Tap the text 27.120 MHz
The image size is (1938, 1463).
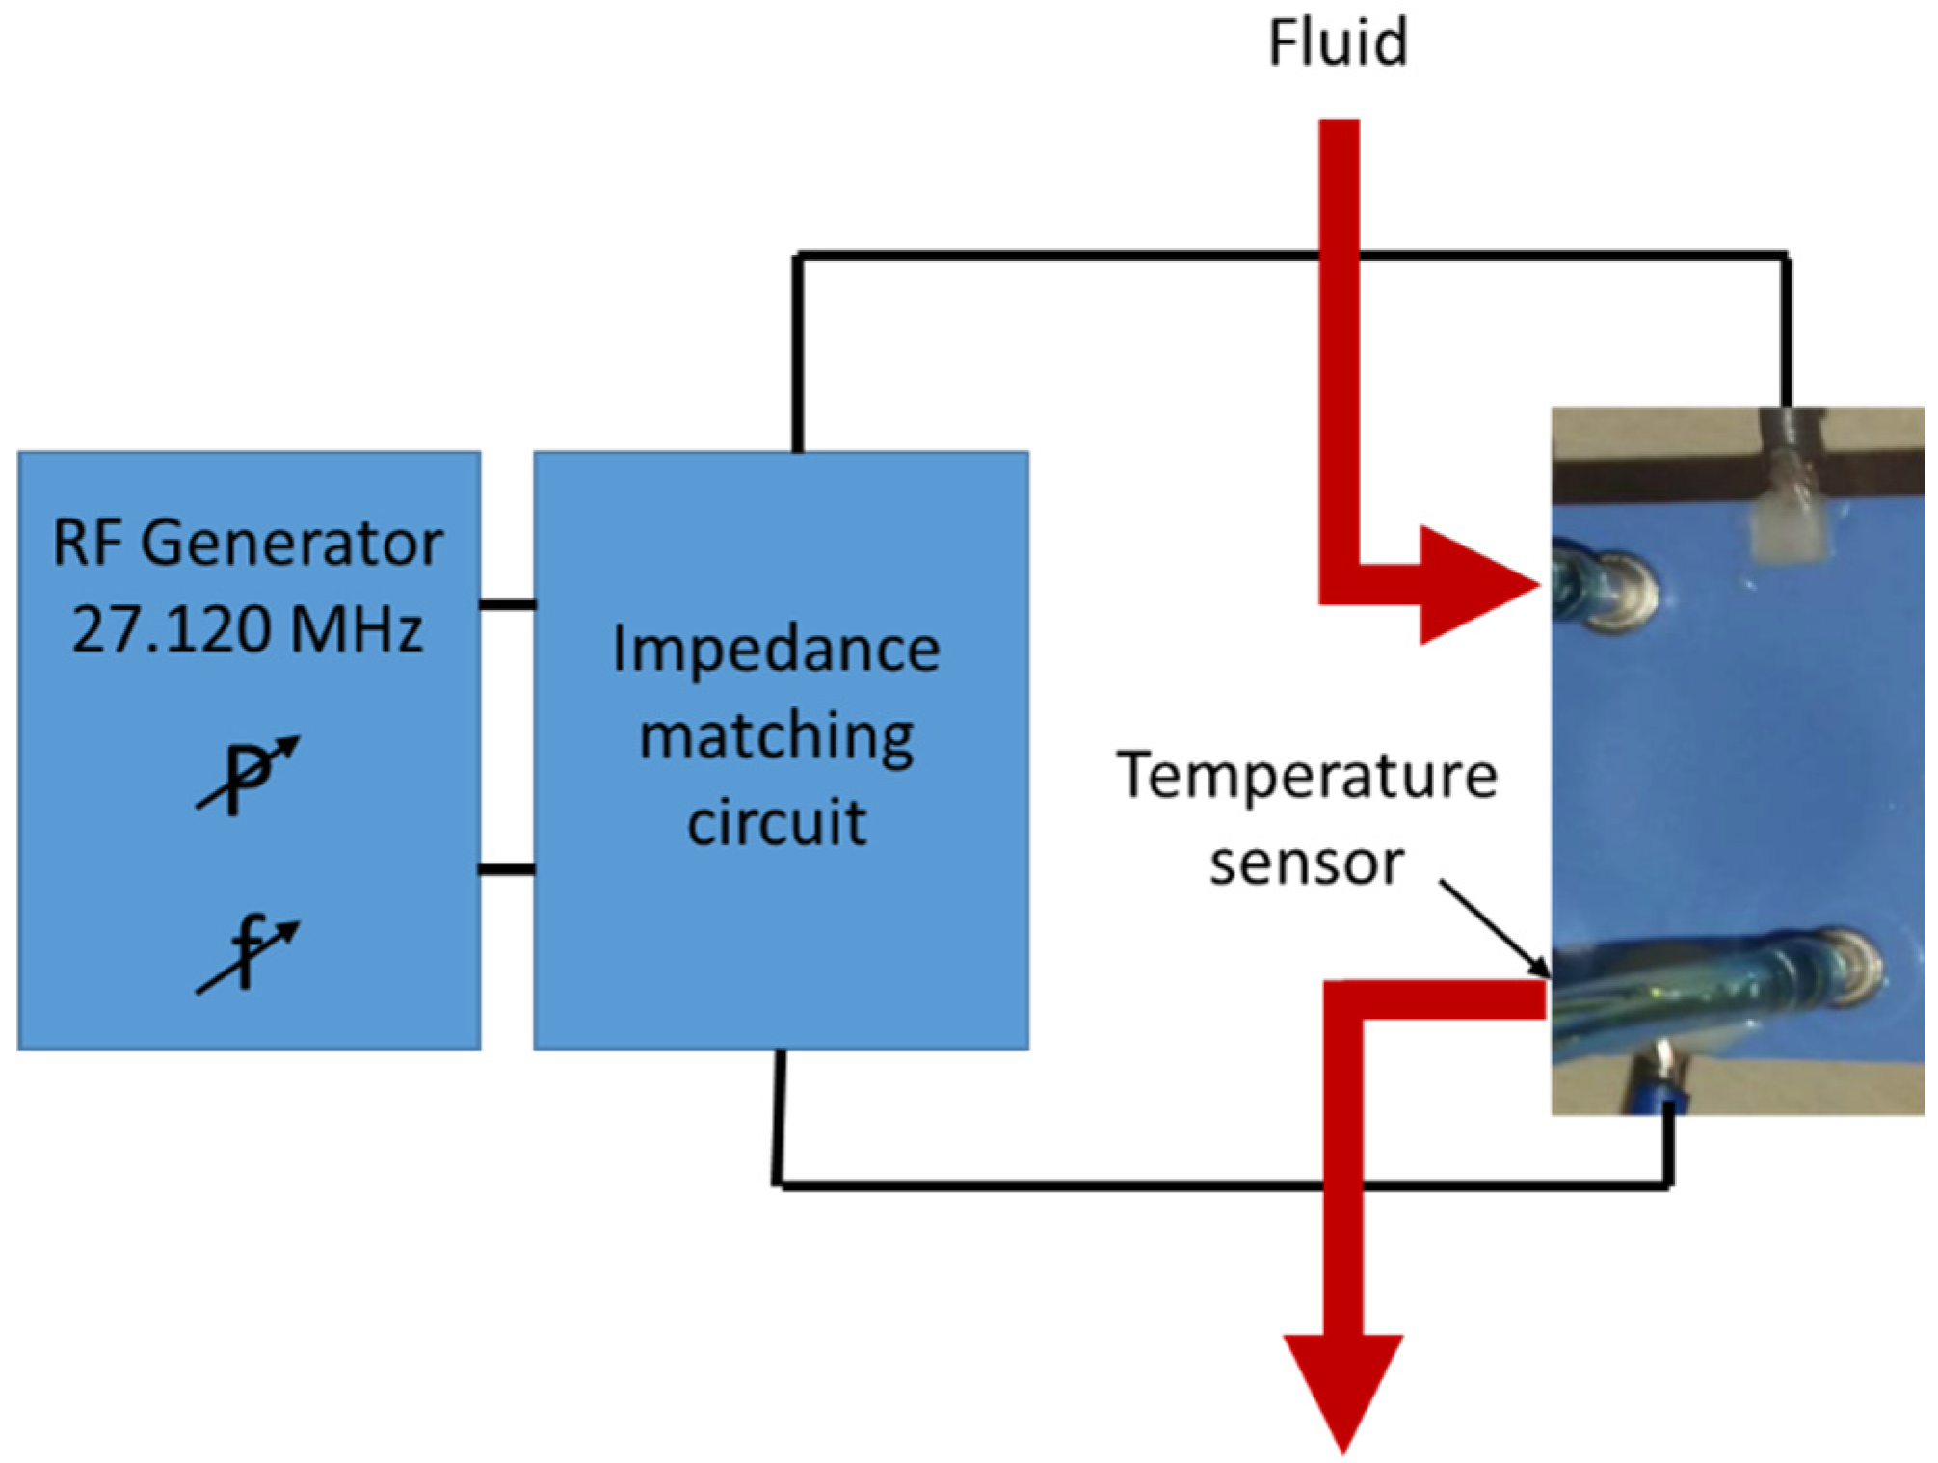tap(248, 630)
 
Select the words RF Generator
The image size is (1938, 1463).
tap(248, 544)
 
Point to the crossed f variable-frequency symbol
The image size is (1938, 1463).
tap(248, 954)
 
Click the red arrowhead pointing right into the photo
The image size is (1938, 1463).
tap(1479, 585)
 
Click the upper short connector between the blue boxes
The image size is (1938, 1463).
tap(508, 605)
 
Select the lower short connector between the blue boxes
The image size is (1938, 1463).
tap(508, 870)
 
